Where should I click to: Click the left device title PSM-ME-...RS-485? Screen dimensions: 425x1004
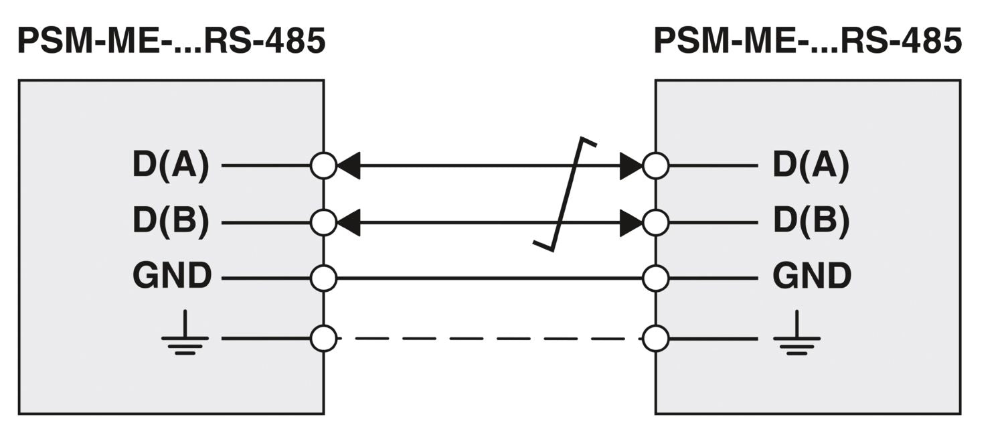(x=171, y=41)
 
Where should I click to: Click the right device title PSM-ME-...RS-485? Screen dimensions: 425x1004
(x=808, y=41)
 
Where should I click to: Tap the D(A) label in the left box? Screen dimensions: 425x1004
(x=171, y=165)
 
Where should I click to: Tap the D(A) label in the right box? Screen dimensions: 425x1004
(x=811, y=165)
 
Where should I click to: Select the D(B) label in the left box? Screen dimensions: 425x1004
(x=171, y=222)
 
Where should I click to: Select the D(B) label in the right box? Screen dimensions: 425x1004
(x=811, y=222)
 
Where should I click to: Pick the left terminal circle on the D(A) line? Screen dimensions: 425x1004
(x=324, y=165)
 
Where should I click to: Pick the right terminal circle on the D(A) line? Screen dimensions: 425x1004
(x=655, y=165)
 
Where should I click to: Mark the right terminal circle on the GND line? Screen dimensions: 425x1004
(x=655, y=278)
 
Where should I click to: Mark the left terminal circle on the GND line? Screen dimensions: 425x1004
(x=324, y=278)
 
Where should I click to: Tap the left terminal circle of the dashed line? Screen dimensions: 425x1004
(x=324, y=338)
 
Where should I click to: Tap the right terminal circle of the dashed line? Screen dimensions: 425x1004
(x=655, y=338)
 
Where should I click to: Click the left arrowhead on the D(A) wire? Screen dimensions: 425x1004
(x=348, y=165)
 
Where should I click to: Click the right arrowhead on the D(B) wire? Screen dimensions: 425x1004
(x=631, y=222)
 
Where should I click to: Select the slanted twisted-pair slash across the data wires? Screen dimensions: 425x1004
(x=566, y=194)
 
